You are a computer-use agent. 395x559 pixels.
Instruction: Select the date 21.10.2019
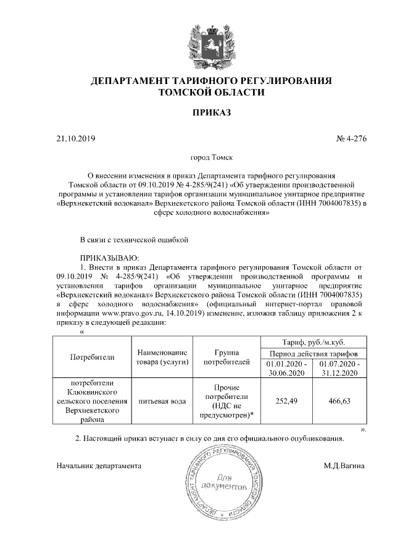pyautogui.click(x=76, y=139)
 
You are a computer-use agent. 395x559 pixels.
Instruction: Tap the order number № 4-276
pyautogui.click(x=351, y=139)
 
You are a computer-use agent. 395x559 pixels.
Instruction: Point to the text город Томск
pyautogui.click(x=211, y=159)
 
